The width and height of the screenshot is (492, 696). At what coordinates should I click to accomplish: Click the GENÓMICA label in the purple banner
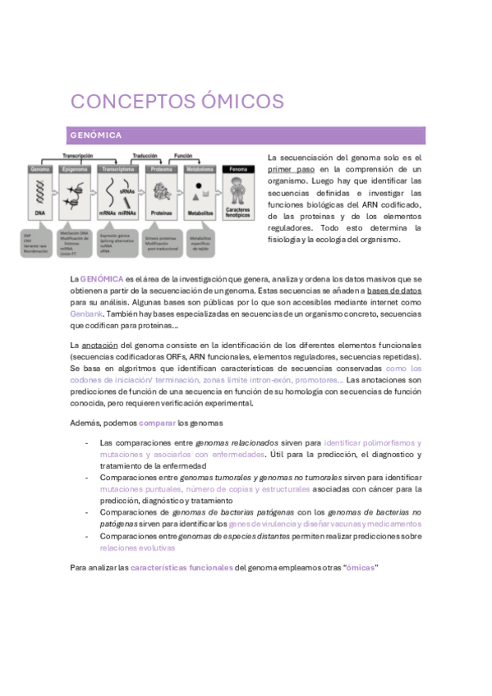tap(96, 135)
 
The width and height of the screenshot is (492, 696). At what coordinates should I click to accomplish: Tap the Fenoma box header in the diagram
tap(237, 169)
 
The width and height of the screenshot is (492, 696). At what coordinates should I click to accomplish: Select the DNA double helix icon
tap(39, 193)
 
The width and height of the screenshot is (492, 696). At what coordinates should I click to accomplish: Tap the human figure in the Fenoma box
tap(237, 192)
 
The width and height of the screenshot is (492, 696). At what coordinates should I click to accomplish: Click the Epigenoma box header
tap(76, 169)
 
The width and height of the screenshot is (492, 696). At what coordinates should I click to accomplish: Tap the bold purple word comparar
tap(157, 422)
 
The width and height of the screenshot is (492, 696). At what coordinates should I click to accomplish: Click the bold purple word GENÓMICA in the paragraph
tap(102, 279)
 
